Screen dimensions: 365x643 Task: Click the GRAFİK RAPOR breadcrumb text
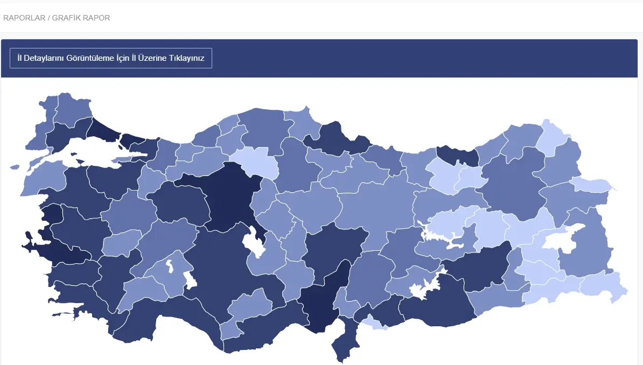coord(81,18)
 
